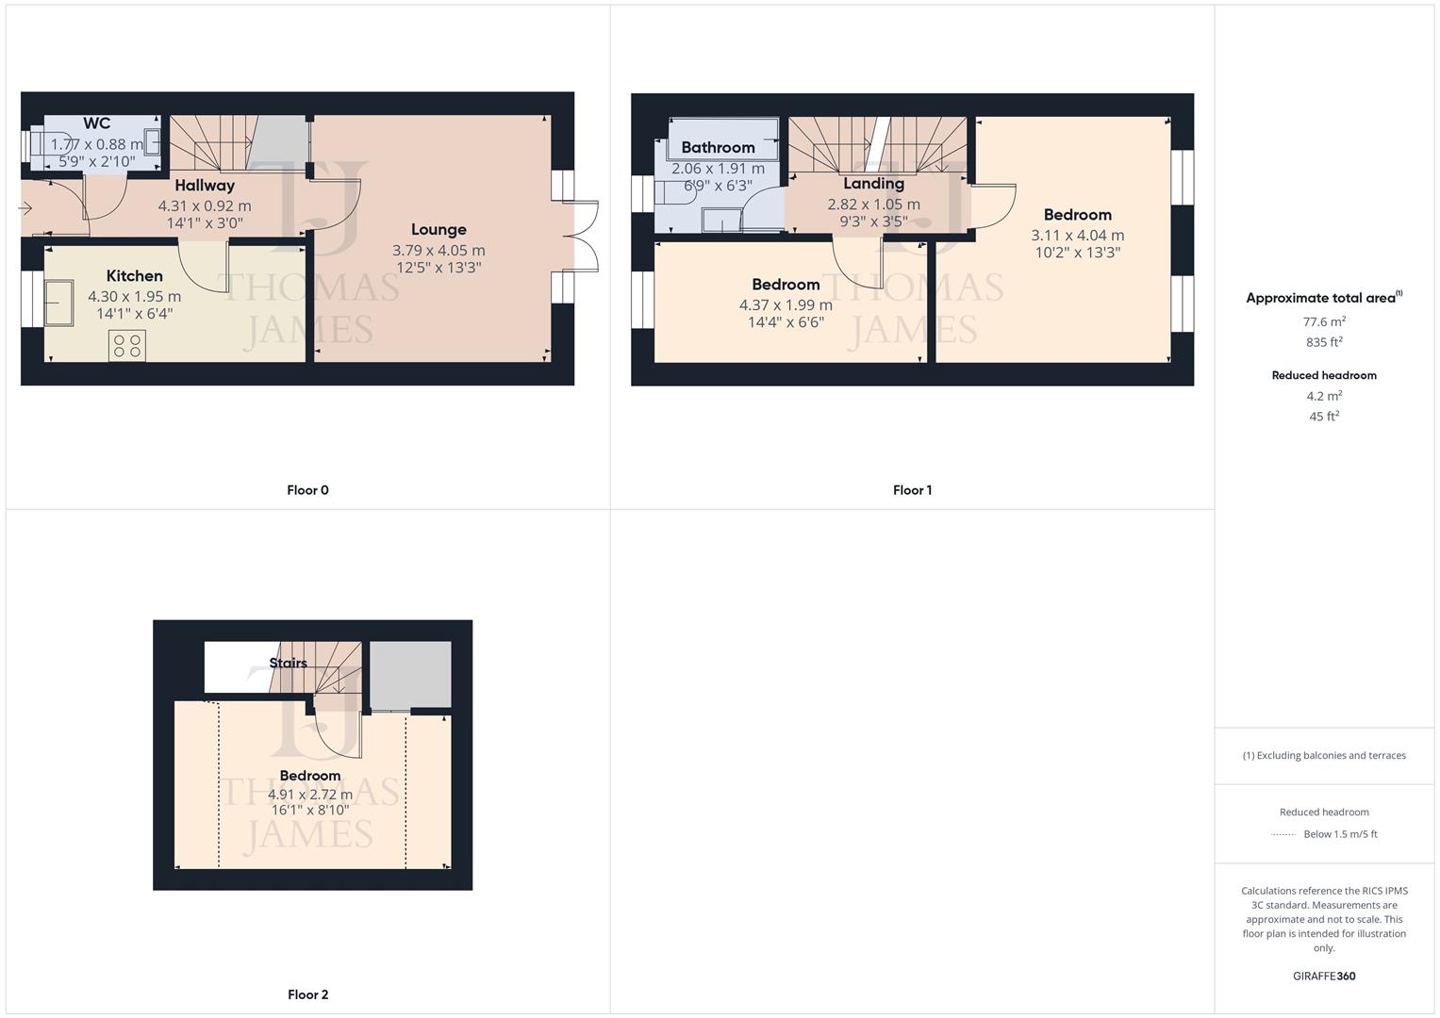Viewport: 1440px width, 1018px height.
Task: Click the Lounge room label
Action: [439, 230]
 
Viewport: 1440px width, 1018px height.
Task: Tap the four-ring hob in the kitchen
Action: [127, 346]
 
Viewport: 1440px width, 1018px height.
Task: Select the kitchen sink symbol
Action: [58, 303]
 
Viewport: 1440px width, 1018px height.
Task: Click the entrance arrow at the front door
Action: [25, 207]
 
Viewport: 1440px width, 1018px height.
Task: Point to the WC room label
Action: [96, 123]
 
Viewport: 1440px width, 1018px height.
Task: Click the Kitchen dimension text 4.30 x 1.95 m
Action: [134, 296]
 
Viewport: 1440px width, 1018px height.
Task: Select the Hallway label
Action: [205, 186]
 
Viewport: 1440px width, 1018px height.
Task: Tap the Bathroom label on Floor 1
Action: [718, 148]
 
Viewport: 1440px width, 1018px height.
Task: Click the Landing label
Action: [873, 184]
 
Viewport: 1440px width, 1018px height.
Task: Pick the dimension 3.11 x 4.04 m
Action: [1077, 236]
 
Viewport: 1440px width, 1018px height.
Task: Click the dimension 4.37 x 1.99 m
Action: [786, 305]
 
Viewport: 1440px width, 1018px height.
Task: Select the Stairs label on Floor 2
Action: [288, 663]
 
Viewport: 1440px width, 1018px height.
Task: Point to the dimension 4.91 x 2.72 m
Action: [310, 795]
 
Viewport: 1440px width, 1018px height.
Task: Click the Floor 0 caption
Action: [307, 490]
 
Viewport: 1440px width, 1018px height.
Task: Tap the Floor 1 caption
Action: [912, 490]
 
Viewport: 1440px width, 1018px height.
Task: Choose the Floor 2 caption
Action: [307, 994]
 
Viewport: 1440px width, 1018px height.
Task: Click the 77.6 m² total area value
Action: [1324, 321]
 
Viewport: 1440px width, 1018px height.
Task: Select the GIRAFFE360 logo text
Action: [1324, 977]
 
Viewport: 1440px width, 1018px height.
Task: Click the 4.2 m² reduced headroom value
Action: [1324, 396]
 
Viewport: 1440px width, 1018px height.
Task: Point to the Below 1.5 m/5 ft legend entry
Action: [1339, 834]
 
